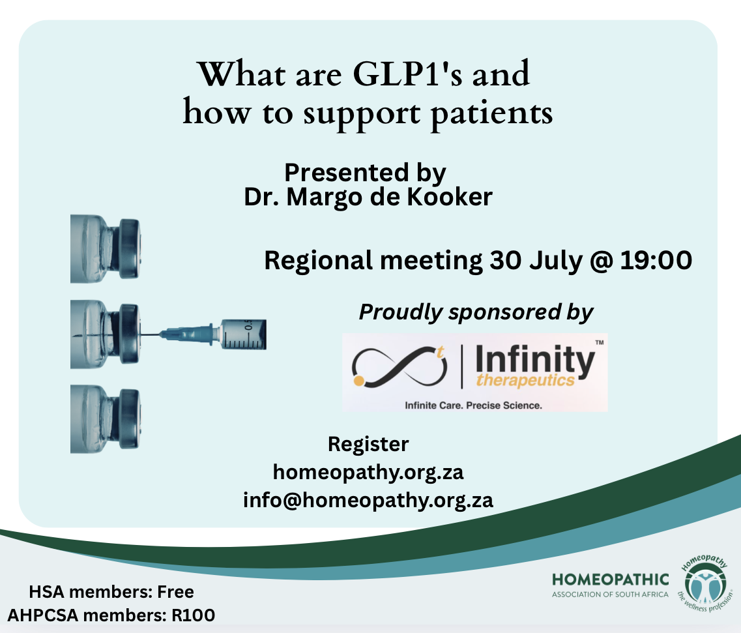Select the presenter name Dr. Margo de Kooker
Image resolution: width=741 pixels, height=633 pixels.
368,197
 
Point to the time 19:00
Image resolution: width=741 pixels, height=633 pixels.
656,260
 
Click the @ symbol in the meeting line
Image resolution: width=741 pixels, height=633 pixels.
602,261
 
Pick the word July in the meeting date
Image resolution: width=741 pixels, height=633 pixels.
556,261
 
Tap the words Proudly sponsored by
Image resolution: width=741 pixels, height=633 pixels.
476,312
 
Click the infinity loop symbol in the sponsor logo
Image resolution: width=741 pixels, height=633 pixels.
400,367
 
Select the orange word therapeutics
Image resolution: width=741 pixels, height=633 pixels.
525,380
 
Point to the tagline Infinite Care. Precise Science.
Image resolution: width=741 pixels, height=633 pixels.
473,405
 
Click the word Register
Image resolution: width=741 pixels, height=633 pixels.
368,445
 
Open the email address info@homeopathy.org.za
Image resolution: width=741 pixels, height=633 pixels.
368,500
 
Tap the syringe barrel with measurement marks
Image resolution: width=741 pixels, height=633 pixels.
244,334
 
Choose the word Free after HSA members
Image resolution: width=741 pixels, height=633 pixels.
175,592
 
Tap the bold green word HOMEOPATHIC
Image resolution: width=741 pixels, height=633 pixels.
610,580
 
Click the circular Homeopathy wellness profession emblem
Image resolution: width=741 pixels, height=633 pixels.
705,582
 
